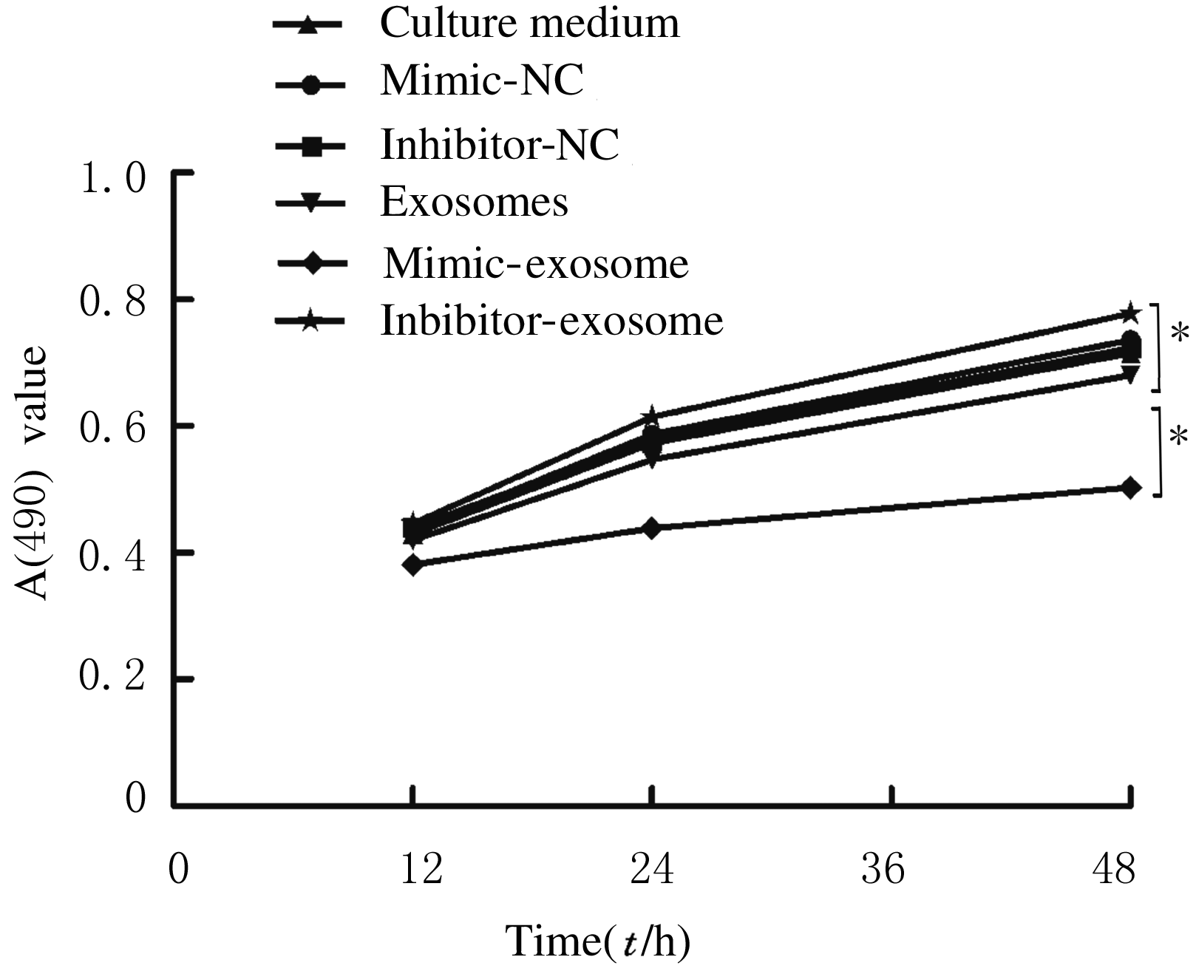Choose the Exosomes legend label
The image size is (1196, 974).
pos(474,202)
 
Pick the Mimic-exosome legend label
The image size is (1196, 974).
pos(535,263)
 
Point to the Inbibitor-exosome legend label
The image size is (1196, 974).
pos(551,320)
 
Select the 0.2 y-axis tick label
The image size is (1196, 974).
pos(113,679)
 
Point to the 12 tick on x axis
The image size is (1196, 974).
pos(421,869)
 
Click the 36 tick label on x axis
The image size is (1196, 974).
pos(883,869)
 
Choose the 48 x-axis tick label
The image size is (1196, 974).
pos(1113,869)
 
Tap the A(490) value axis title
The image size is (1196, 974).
pos(33,474)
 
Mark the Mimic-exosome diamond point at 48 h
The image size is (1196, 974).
pos(1130,488)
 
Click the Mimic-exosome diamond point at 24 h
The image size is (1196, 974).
pos(651,528)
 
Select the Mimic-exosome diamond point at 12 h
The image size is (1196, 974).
pos(413,565)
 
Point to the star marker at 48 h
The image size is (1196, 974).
pos(1129,313)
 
